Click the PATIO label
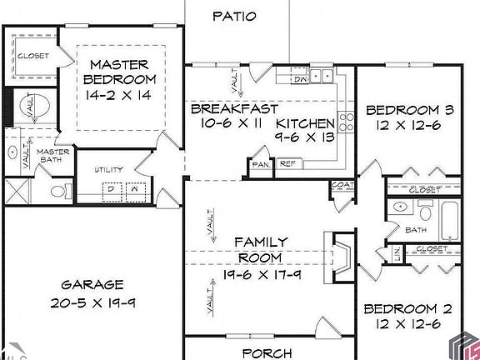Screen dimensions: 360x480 pos(234,16)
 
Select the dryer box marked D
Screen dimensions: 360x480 pos(110,189)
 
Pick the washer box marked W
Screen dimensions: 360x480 pos(133,189)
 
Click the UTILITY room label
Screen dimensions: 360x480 pos(108,169)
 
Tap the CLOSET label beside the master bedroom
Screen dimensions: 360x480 pos(33,56)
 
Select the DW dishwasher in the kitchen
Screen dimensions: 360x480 pos(301,79)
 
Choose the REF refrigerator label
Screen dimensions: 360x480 pos(287,164)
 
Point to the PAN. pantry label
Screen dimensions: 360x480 pos(261,164)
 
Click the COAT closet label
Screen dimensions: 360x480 pos(341,186)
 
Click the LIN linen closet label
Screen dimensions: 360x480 pos(397,251)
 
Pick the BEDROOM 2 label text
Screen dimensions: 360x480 pos(407,308)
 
